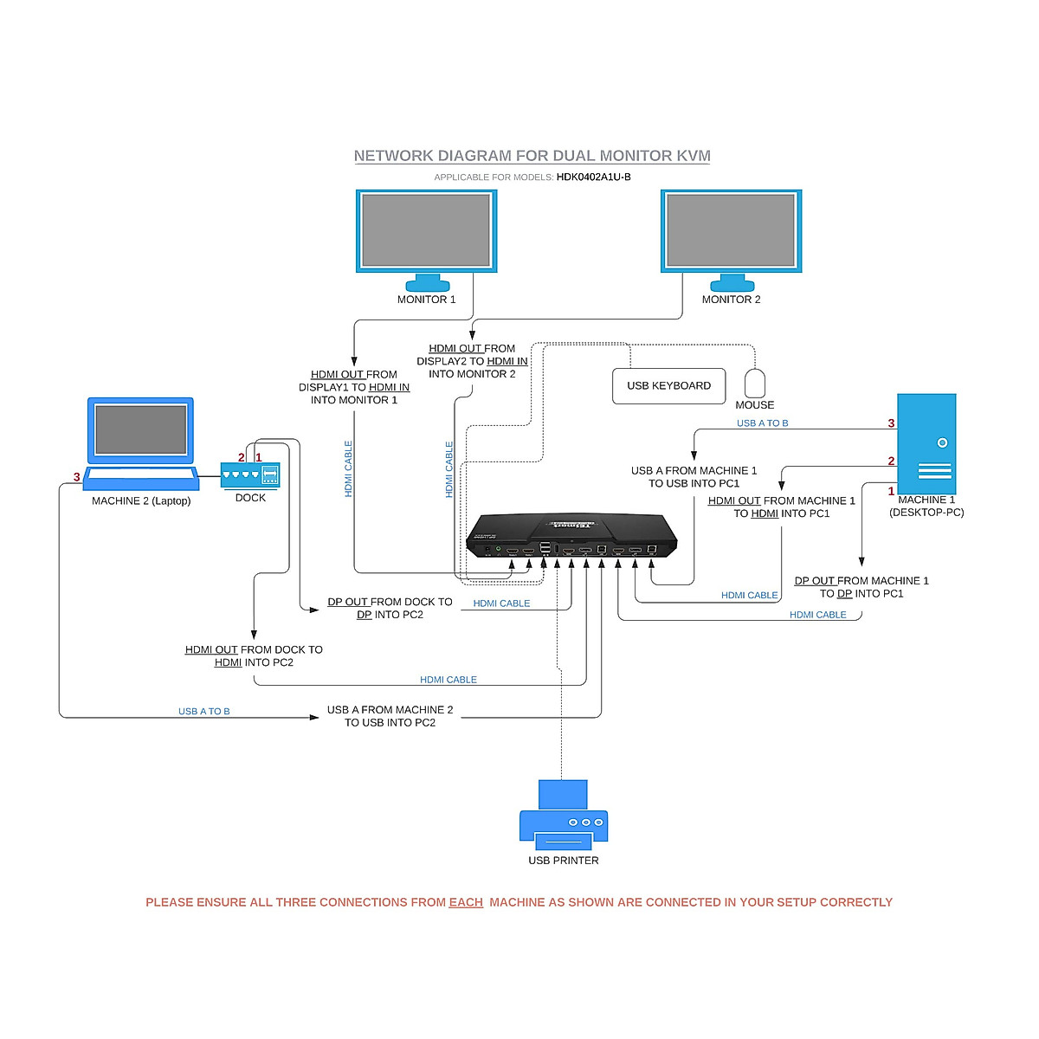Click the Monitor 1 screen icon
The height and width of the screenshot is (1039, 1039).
[426, 230]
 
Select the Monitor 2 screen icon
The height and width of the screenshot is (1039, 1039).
[731, 230]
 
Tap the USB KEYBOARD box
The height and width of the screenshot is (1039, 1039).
[668, 386]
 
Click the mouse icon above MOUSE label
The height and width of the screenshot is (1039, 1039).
[755, 383]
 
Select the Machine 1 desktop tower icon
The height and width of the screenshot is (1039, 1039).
[926, 443]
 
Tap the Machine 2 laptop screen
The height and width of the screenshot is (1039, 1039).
[140, 429]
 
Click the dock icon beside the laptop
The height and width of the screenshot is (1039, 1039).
[250, 475]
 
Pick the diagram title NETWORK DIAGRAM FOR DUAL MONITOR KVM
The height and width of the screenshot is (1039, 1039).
[532, 156]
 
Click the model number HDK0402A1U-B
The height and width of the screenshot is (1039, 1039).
[593, 177]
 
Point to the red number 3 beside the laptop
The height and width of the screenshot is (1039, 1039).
[77, 477]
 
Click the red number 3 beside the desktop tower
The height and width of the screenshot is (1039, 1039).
[891, 423]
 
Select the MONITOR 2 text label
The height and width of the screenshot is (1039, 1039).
[731, 300]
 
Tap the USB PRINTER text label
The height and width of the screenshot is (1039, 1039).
[564, 861]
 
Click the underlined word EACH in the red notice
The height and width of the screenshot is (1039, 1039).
[466, 902]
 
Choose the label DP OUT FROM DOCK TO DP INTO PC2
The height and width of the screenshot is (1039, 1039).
[390, 608]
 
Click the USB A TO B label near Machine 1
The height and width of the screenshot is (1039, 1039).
[762, 423]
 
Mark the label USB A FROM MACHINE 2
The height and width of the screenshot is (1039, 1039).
[390, 710]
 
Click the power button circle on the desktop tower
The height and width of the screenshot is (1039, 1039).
[942, 442]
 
